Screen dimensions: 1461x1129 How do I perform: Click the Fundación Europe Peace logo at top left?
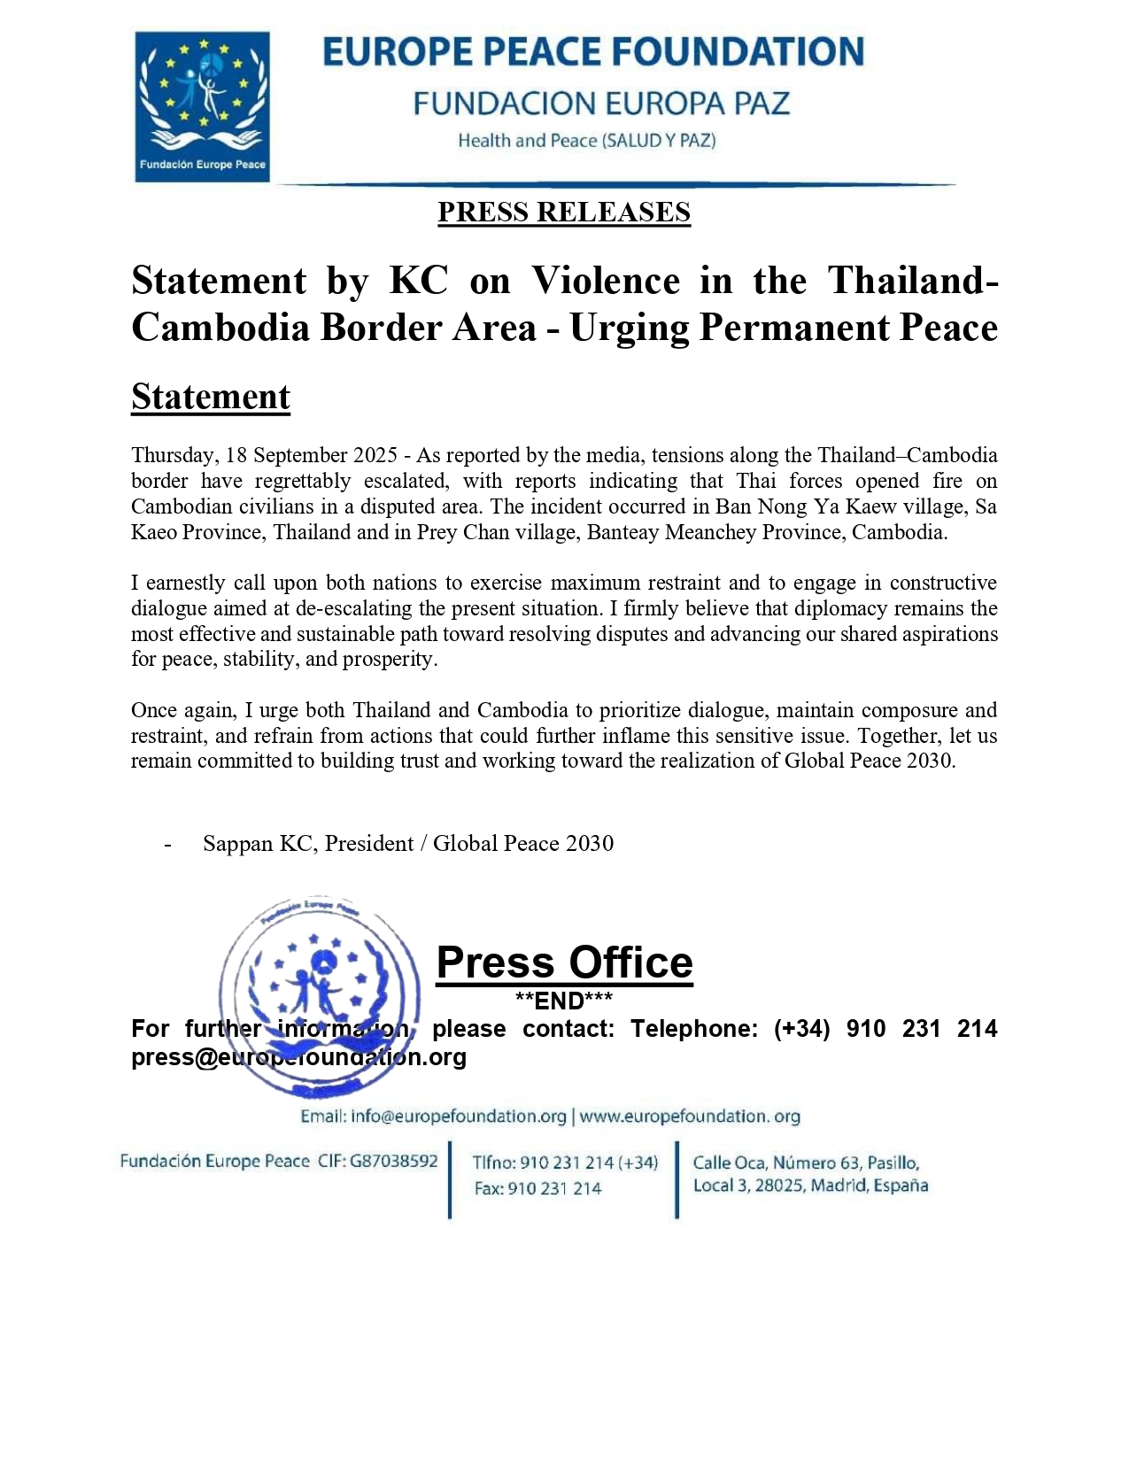(202, 106)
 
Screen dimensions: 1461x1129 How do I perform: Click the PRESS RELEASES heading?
(563, 213)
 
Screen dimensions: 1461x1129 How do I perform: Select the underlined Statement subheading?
(211, 397)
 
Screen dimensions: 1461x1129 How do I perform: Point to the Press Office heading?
(564, 962)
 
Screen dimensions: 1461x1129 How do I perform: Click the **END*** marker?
(564, 1001)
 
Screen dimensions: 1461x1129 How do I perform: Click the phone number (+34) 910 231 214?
(885, 1029)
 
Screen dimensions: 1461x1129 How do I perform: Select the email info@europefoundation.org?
(458, 1117)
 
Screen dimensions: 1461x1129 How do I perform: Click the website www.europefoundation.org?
(690, 1117)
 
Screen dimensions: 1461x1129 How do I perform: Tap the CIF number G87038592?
(393, 1161)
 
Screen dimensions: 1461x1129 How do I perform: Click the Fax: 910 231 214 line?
(537, 1188)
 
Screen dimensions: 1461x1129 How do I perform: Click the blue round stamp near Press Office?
(320, 996)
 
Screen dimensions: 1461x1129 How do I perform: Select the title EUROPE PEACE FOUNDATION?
(593, 52)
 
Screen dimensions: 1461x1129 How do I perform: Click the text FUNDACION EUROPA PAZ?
(601, 104)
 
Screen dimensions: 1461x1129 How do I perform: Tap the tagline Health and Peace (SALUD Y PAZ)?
(586, 141)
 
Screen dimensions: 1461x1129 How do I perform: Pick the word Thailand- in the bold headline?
(913, 281)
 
